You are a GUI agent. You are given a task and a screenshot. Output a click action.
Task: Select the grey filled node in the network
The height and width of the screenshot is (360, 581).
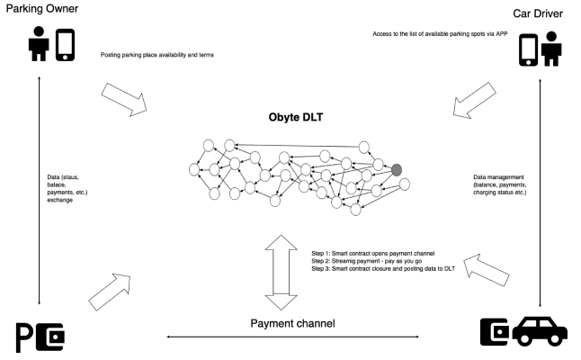pyautogui.click(x=396, y=168)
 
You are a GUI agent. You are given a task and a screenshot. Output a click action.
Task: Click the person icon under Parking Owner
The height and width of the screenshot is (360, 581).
pyautogui.click(x=40, y=45)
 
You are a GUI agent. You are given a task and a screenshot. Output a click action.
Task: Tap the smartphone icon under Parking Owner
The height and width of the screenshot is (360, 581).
pyautogui.click(x=65, y=45)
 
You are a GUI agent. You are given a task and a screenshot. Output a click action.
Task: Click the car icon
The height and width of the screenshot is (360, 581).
pyautogui.click(x=540, y=331)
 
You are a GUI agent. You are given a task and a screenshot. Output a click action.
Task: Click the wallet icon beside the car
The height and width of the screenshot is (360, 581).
pyautogui.click(x=496, y=330)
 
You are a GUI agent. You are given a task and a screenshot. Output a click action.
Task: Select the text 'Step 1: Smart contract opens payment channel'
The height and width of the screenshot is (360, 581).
pyautogui.click(x=374, y=253)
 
